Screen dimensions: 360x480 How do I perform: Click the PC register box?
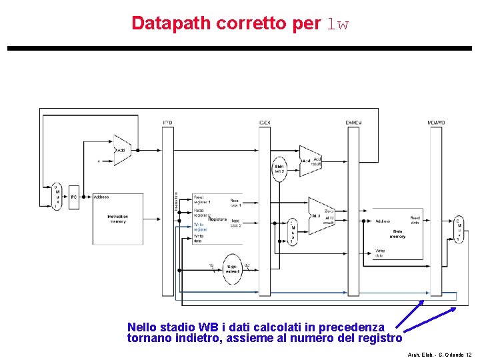pos(74,198)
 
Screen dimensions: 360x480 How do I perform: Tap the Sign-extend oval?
pos(232,269)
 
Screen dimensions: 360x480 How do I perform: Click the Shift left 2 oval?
pos(279,168)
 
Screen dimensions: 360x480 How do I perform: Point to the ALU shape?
pos(321,215)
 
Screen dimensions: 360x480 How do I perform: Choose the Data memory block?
pos(397,233)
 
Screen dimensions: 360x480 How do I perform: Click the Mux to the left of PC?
pos(57,197)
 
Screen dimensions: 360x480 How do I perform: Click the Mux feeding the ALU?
pos(291,232)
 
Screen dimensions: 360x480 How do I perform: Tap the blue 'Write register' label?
pos(201,227)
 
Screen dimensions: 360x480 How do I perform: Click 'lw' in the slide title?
pos(337,24)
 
